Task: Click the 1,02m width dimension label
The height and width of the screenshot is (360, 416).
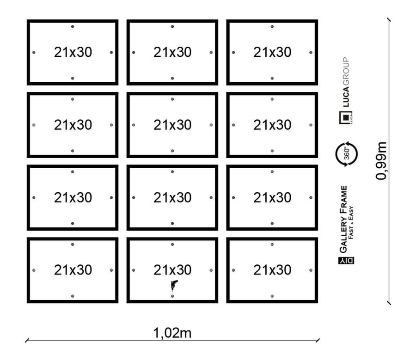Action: click(x=172, y=333)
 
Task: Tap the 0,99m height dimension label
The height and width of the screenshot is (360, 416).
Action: click(x=382, y=161)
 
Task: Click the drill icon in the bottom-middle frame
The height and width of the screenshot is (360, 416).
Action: click(x=173, y=285)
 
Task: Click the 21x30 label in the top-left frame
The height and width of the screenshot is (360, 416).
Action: click(x=73, y=52)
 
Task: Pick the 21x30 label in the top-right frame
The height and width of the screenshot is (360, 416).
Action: click(x=272, y=52)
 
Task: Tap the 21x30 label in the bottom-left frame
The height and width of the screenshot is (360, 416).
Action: click(x=73, y=270)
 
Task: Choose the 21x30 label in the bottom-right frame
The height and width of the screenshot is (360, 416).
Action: click(x=272, y=270)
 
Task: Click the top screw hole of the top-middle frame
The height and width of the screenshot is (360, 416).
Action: click(x=172, y=26)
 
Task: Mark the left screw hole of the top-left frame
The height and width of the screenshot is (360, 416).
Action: click(x=34, y=52)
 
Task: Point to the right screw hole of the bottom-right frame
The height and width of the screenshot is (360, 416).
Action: click(x=311, y=270)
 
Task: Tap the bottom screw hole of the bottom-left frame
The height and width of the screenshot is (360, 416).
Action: click(x=73, y=296)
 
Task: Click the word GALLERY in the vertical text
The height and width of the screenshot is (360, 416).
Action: click(x=344, y=234)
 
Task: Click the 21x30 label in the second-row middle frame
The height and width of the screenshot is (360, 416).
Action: click(x=172, y=125)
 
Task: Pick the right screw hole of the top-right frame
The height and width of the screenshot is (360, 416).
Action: click(x=311, y=52)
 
